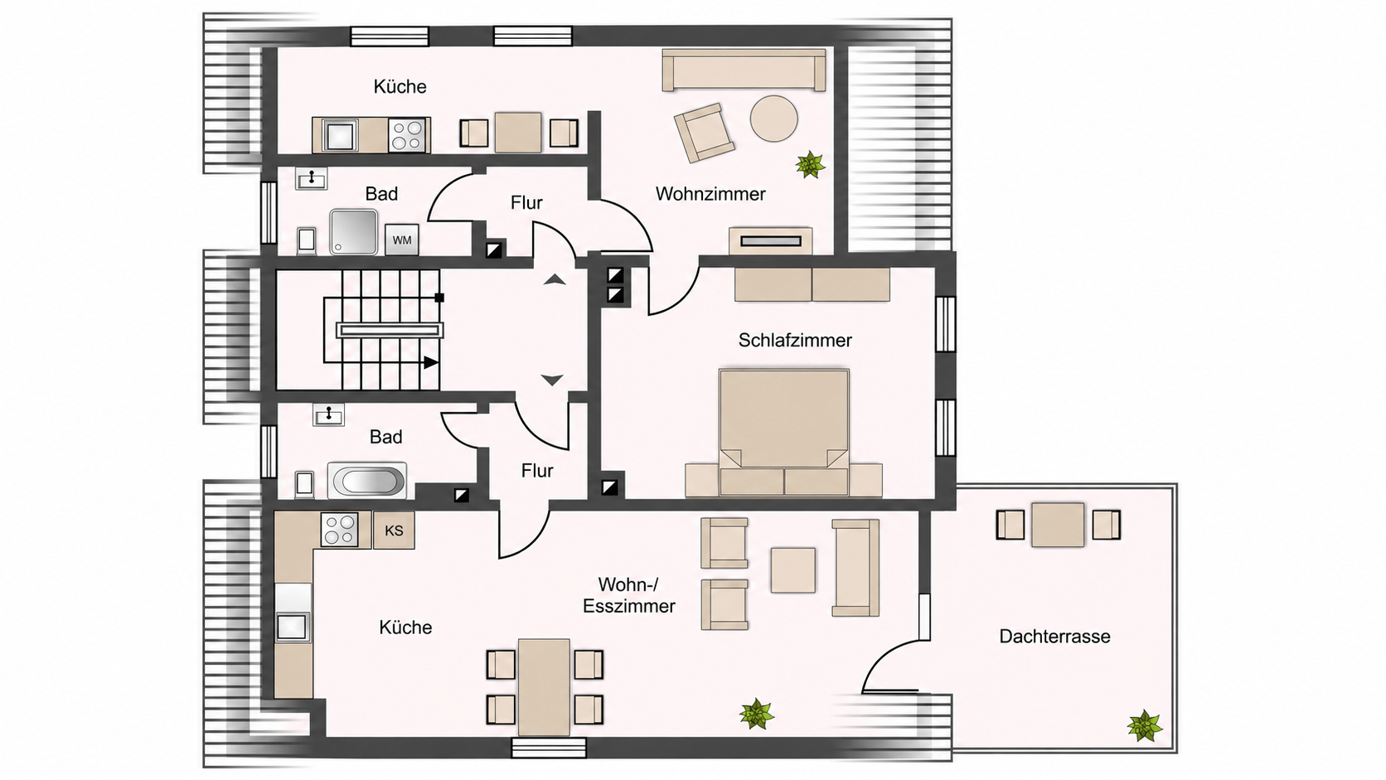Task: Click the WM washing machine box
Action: (x=401, y=240)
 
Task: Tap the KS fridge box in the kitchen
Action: (x=394, y=530)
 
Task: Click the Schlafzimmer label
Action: (x=795, y=340)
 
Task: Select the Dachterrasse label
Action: (x=1054, y=637)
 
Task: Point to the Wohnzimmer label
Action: (x=710, y=194)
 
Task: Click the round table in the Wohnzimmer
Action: (x=774, y=119)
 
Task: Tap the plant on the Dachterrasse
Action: (x=1144, y=726)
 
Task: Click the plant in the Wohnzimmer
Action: (x=810, y=164)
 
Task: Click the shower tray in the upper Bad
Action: (x=353, y=232)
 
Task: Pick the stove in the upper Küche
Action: (x=407, y=135)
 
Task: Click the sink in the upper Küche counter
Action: (x=339, y=135)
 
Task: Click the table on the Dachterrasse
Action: (x=1058, y=526)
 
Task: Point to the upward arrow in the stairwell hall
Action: (x=555, y=280)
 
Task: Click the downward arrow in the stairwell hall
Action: (x=552, y=380)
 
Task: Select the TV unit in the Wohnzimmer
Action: (x=770, y=240)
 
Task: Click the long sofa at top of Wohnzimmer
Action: (x=744, y=70)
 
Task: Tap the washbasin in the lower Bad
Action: (x=328, y=415)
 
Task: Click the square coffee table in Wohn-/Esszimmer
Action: (x=792, y=570)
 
